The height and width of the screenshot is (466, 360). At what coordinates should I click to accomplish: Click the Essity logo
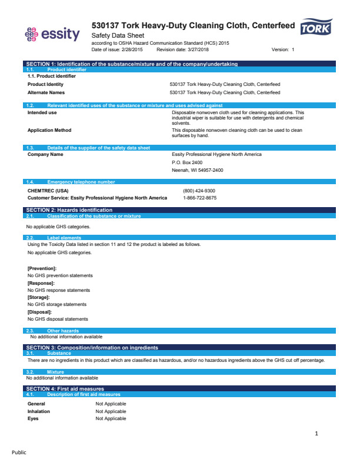coord(52,34)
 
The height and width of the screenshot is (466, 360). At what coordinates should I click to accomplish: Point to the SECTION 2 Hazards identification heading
coord(69,210)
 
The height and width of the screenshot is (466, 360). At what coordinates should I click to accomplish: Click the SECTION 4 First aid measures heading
coord(65,389)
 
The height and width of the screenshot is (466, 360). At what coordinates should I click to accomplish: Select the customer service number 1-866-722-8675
coord(200,198)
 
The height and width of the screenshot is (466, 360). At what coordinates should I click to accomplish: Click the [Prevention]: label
coord(42,268)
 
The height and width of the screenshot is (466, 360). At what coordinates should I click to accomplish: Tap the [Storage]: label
coord(38,297)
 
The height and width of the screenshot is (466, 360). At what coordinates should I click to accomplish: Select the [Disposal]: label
coord(39,312)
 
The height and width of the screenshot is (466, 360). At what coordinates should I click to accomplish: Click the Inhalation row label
coord(39,411)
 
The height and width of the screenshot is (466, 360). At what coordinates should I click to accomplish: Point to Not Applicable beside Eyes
coord(111,418)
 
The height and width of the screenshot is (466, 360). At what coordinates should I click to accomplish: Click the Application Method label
coord(49,130)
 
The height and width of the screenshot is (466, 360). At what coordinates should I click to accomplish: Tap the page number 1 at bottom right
coord(316,434)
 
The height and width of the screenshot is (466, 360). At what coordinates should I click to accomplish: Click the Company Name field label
coord(45,154)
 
